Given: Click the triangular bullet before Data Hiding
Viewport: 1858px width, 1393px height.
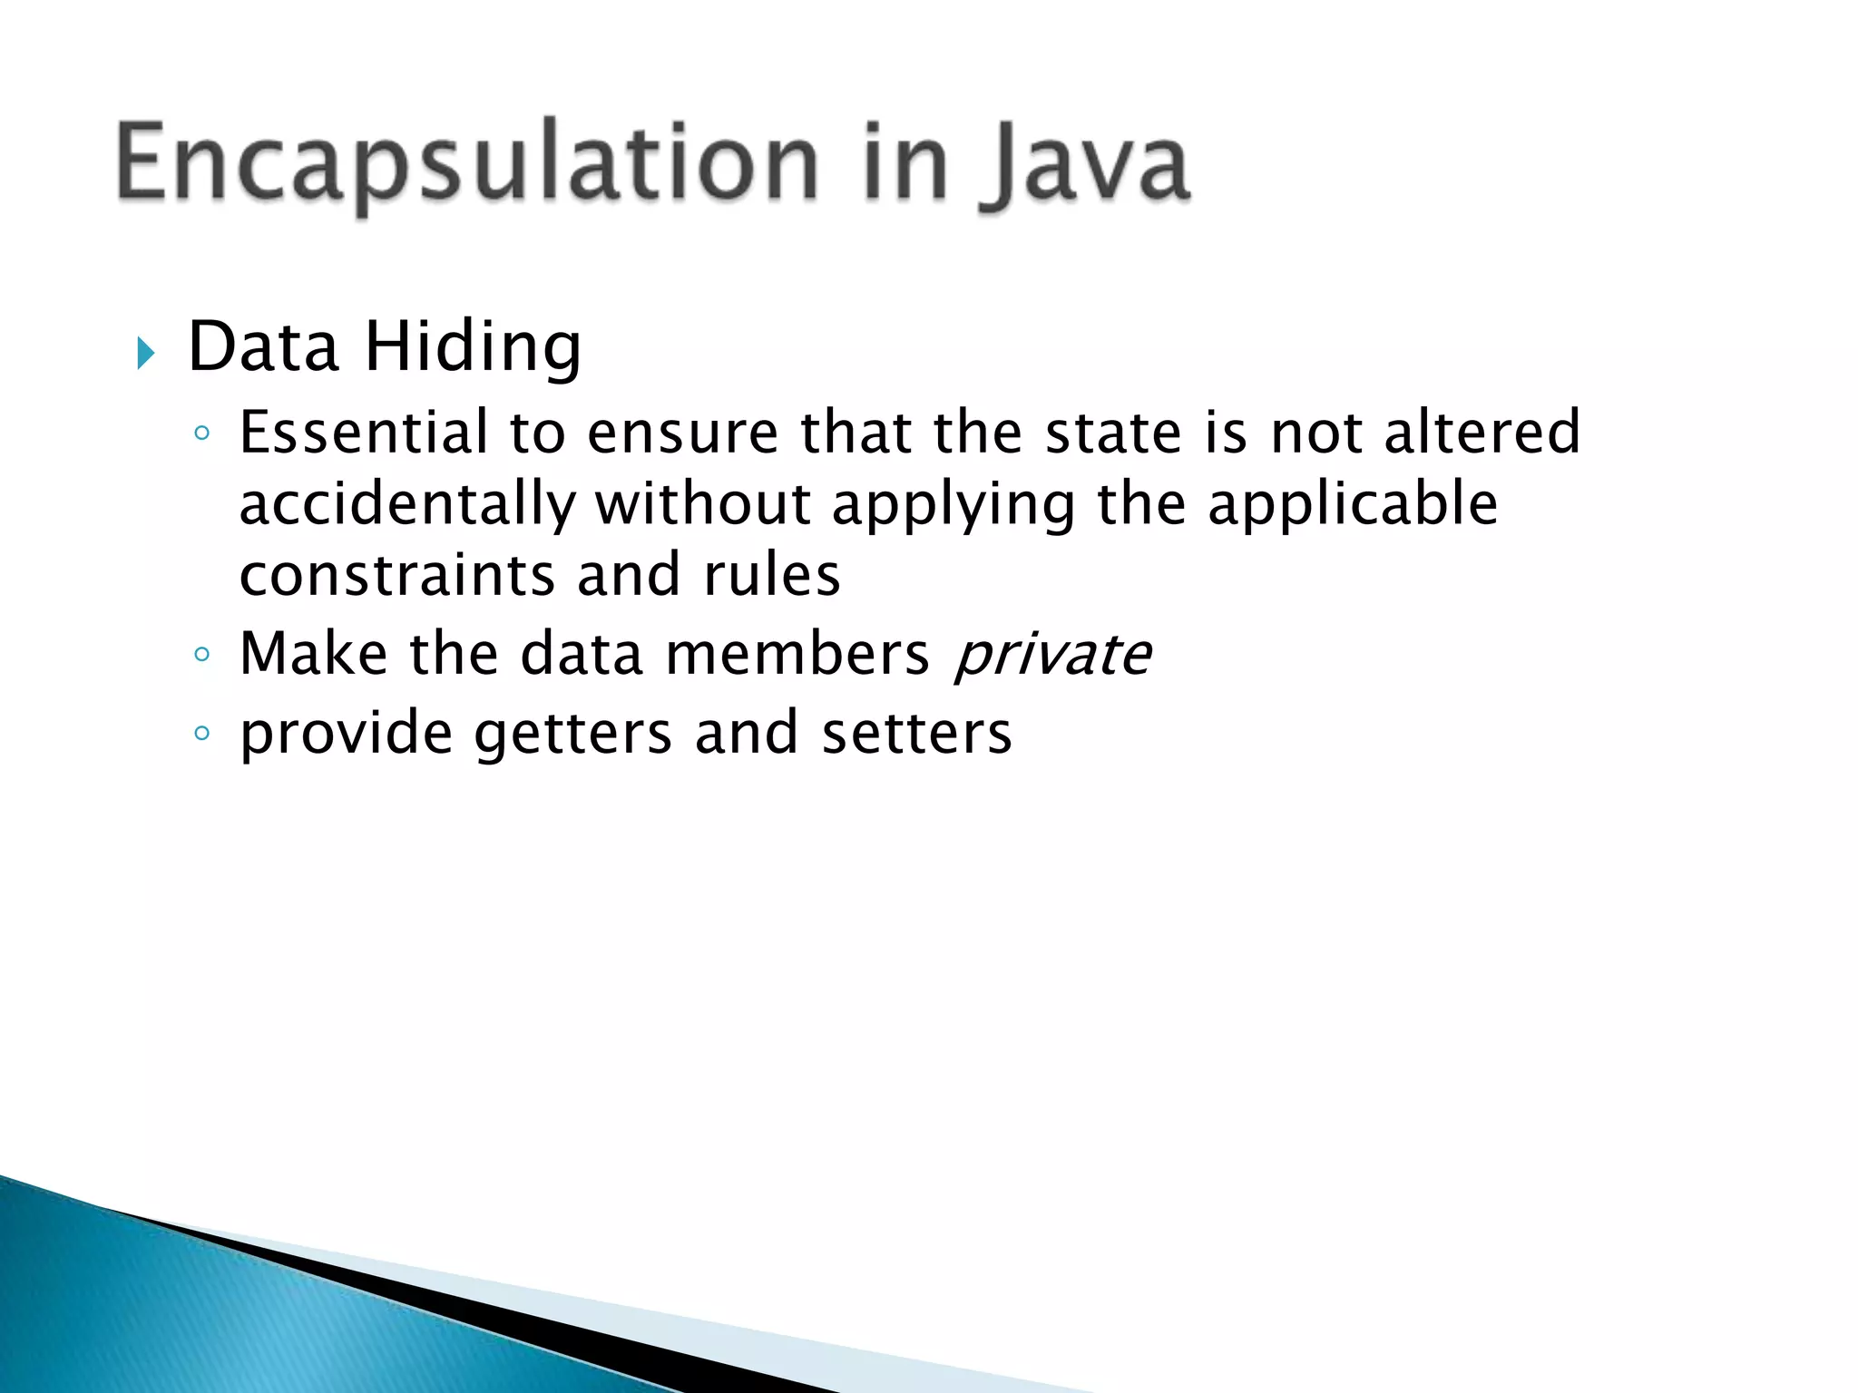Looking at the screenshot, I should (146, 353).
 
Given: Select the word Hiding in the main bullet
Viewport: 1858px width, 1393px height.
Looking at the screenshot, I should (473, 348).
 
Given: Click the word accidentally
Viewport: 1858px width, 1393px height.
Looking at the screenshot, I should (407, 505).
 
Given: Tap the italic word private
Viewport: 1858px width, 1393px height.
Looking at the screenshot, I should (1052, 655).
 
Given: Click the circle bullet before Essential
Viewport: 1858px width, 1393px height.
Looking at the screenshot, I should (202, 433).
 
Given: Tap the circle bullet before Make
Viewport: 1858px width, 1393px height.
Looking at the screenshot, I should (202, 654).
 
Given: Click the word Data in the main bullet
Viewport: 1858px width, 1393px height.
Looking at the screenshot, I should (263, 347).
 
